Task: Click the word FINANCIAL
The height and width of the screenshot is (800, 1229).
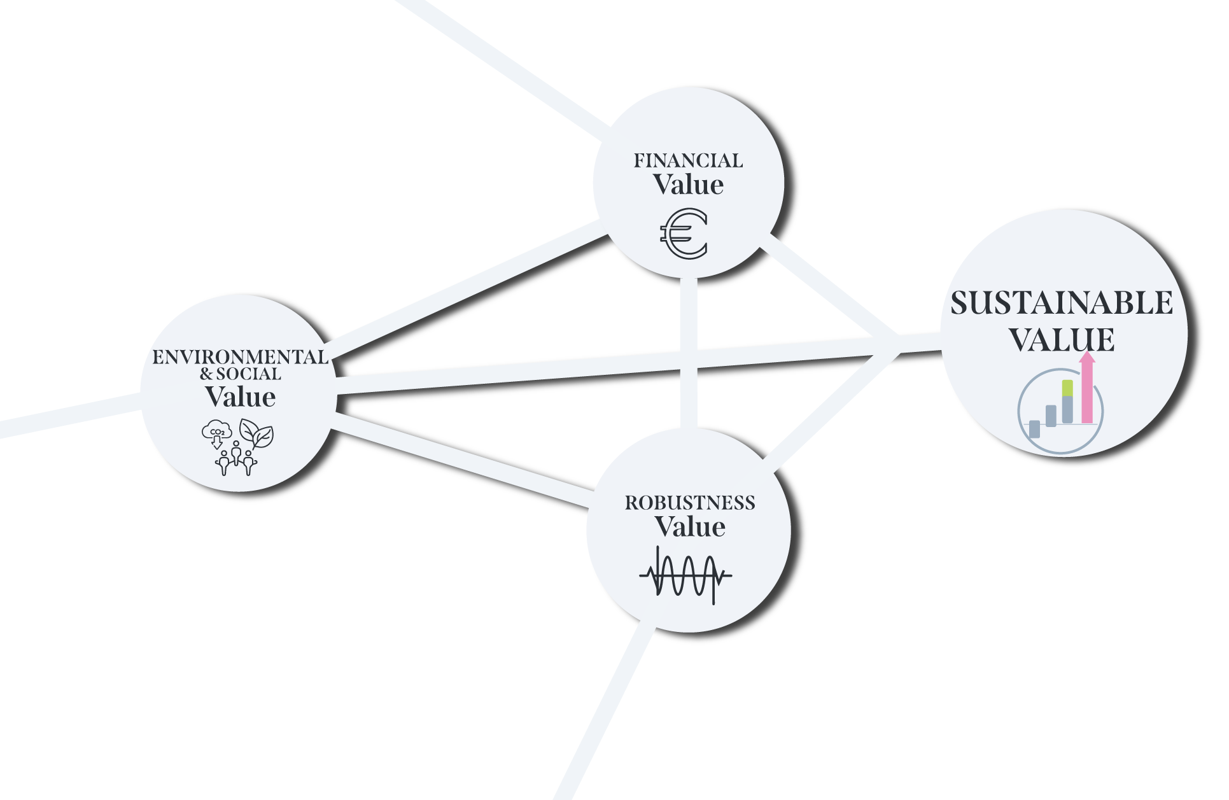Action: (688, 161)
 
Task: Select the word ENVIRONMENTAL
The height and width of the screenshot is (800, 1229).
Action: (240, 357)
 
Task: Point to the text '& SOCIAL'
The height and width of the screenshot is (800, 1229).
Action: (240, 374)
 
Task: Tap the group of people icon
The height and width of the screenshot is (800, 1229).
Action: (236, 460)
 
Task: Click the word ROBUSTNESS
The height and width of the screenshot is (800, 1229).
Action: (690, 503)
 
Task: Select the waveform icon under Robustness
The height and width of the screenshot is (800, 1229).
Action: (685, 575)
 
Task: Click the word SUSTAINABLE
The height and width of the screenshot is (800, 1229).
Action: (1062, 303)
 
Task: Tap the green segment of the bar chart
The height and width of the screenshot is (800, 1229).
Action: (1068, 388)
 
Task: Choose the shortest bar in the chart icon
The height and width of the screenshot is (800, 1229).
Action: (1034, 429)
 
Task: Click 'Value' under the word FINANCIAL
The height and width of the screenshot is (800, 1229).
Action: (688, 185)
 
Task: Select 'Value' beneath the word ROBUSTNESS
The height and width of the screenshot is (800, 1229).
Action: (690, 527)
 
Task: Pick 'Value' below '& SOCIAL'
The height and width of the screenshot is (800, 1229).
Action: (240, 397)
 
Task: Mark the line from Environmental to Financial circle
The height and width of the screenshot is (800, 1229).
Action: (465, 290)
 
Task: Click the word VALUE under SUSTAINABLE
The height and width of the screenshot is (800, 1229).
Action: (1062, 339)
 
